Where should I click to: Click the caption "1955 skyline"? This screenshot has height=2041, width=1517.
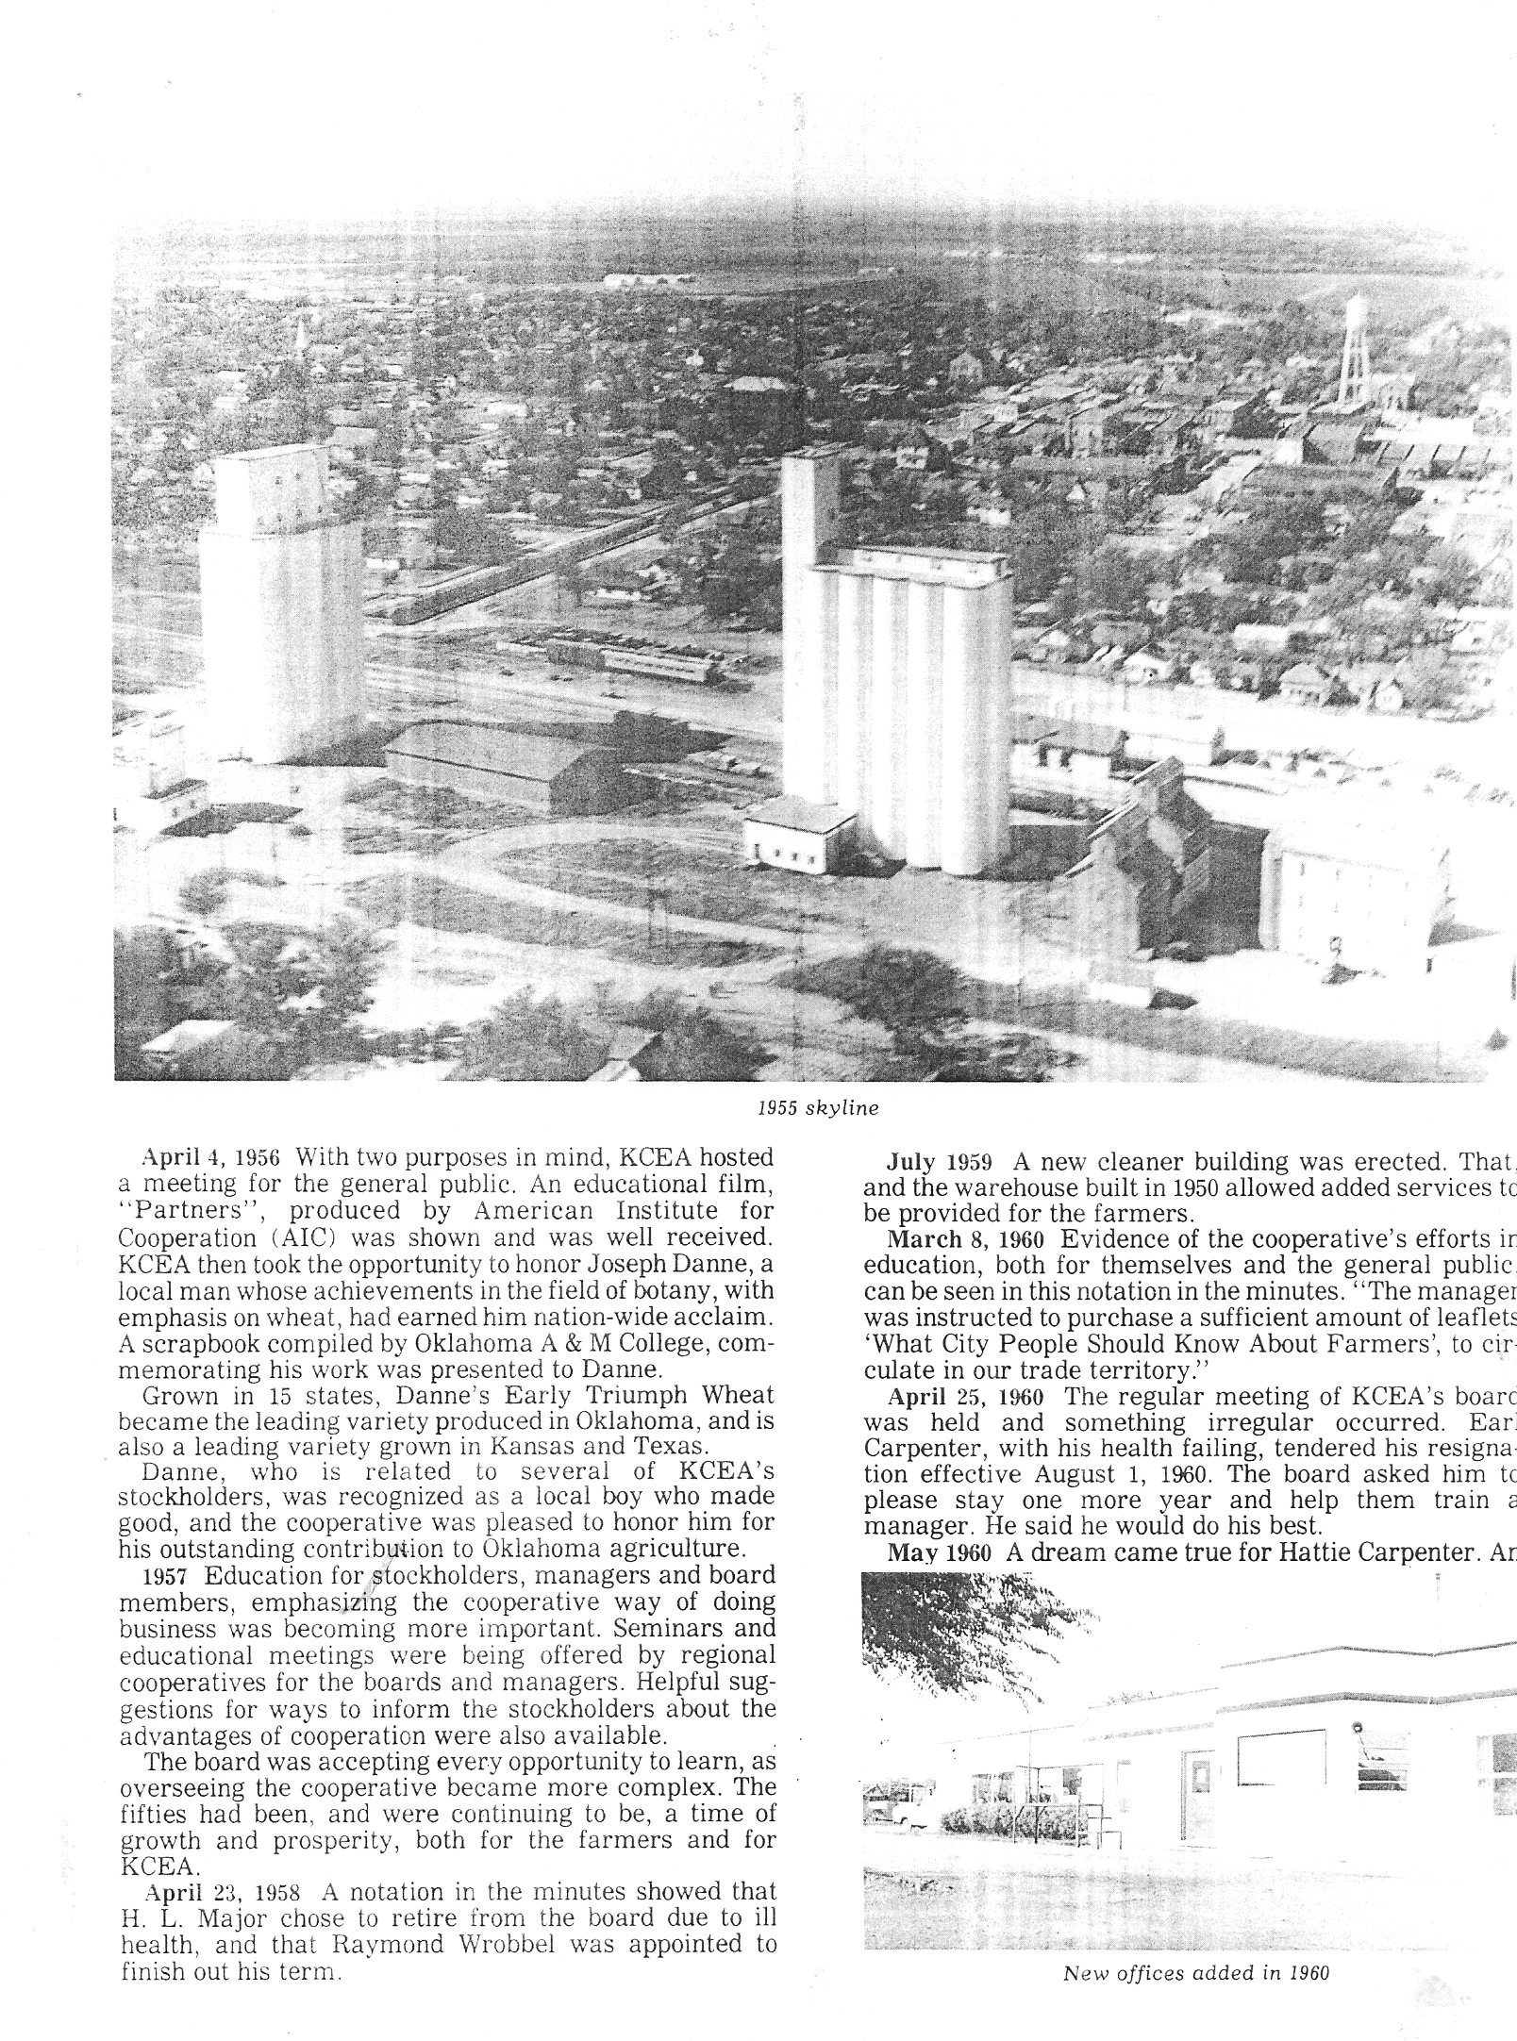(x=818, y=1109)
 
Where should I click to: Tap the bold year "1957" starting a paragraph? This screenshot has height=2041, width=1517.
(x=167, y=1577)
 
